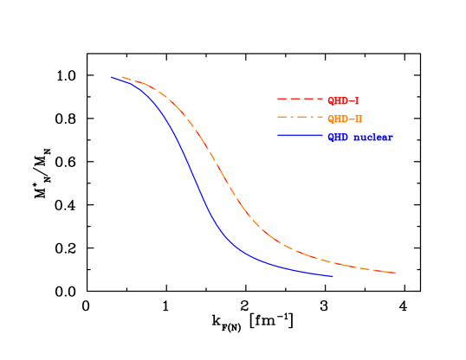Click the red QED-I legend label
[x=344, y=100]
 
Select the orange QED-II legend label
[x=346, y=119]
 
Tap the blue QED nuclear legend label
[x=360, y=137]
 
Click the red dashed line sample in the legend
[x=300, y=100]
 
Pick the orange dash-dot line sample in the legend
[x=300, y=118]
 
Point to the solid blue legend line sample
[x=300, y=136]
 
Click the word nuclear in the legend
[x=373, y=137]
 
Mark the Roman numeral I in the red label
[x=357, y=100]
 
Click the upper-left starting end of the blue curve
[x=111, y=77]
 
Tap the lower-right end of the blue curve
[x=333, y=276]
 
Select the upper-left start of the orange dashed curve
[x=121, y=77]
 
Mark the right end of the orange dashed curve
[x=396, y=273]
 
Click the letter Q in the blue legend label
[x=332, y=137]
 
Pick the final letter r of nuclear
[x=390, y=138]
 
